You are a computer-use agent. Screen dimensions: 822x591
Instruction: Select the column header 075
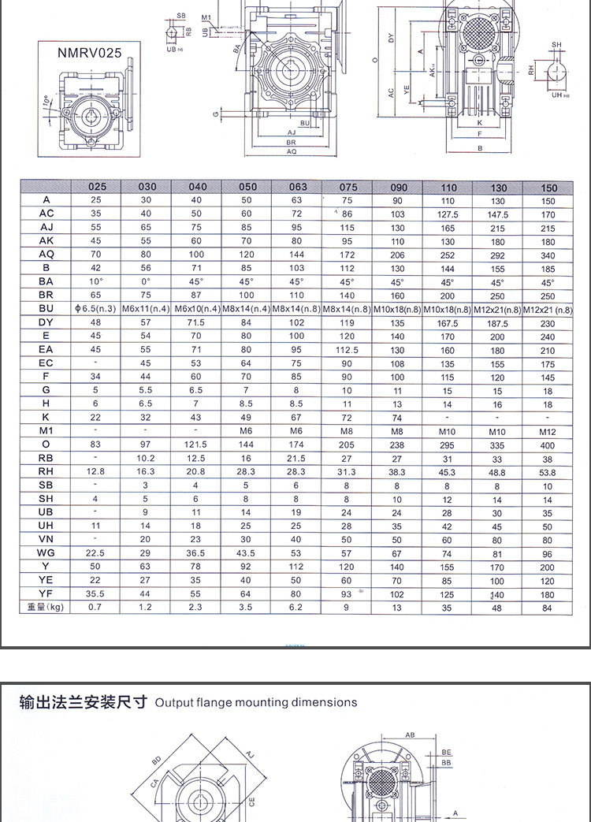click(348, 187)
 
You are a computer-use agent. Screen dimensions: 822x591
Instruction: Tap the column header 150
click(548, 188)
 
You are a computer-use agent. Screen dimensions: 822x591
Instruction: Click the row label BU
click(47, 308)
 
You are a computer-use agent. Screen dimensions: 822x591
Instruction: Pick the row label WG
click(46, 553)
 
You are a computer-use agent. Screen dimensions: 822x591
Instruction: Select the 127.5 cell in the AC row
click(448, 214)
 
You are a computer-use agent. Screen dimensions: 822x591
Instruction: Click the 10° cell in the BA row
click(96, 281)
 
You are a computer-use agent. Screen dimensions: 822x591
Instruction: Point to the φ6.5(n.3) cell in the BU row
click(96, 309)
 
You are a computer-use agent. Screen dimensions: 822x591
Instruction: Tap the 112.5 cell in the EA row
click(348, 350)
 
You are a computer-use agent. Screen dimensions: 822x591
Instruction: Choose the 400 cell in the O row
click(548, 445)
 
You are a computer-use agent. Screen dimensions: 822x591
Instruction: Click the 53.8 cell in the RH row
click(548, 472)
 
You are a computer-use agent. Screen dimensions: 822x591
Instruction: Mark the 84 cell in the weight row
click(548, 608)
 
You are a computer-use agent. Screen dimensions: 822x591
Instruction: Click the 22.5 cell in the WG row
click(96, 553)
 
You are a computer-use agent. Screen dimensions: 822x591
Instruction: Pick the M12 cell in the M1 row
click(548, 432)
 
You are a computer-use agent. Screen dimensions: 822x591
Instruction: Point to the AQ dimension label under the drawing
click(292, 151)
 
